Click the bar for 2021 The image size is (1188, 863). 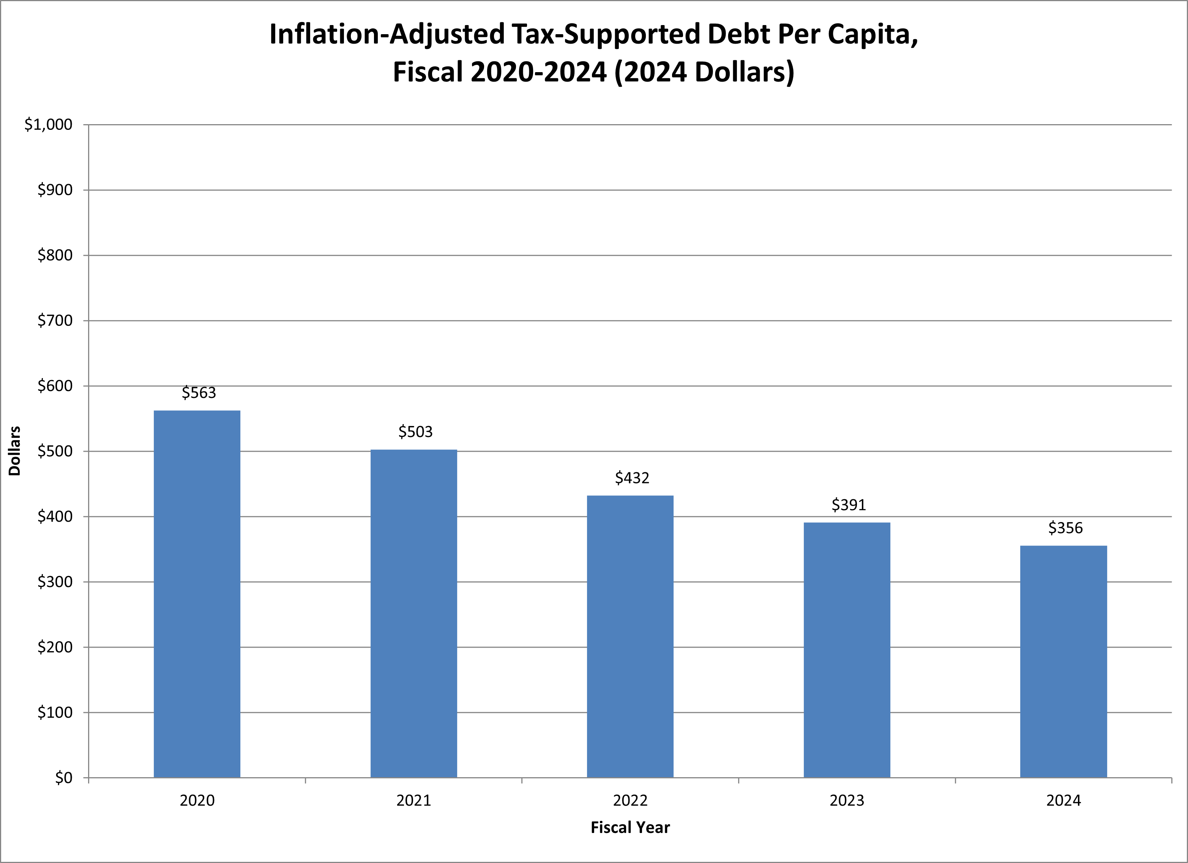(x=414, y=613)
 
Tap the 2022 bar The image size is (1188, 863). (x=630, y=636)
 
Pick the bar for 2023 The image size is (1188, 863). (x=847, y=650)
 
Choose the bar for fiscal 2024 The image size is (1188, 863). (x=1063, y=661)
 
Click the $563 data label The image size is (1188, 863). (x=199, y=393)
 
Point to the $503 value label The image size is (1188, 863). (x=415, y=432)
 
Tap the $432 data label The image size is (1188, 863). (x=632, y=478)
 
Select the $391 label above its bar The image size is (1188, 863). (x=849, y=505)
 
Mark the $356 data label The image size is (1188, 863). (x=1065, y=528)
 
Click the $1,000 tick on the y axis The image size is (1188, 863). (x=48, y=125)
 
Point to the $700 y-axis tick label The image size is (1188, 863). (x=54, y=320)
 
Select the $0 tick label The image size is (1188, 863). (x=63, y=778)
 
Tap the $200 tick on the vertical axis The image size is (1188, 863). (x=54, y=647)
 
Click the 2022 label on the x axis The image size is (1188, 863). (x=630, y=801)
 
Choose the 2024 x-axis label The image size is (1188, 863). (x=1063, y=801)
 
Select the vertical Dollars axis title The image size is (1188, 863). (x=15, y=451)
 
